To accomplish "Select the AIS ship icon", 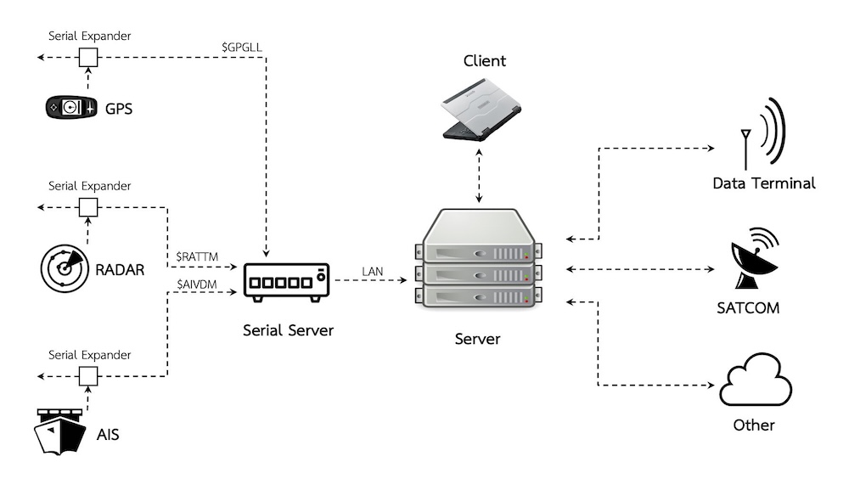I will point(59,432).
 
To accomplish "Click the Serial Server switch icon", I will point(285,280).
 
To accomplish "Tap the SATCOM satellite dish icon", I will point(755,260).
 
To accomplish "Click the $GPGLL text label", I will point(241,48).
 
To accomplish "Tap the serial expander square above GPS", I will point(87,57).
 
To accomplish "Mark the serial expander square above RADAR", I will point(87,206).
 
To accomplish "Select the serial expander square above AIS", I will point(87,375).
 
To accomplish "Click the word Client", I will point(484,61).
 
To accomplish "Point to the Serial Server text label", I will point(288,330).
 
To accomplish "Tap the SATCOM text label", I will point(748,307).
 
